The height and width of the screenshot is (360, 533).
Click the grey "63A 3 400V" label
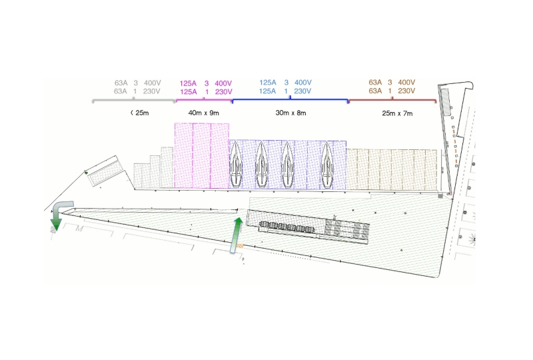pos(138,83)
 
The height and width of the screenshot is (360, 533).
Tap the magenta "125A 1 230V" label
pos(206,92)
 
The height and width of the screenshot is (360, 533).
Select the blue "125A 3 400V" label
pos(286,83)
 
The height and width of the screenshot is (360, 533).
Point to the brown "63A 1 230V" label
pos(392,91)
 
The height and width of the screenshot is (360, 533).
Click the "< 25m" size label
pos(140,113)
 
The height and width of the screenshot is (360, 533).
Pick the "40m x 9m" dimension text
pos(204,113)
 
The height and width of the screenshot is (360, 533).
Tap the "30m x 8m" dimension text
pos(290,113)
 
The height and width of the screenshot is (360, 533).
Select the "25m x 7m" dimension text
pos(397,113)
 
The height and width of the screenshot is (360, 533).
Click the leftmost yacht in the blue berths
pos(236,165)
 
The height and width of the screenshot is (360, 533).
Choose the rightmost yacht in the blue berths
pos(327,165)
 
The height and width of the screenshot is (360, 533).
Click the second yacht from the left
pos(261,165)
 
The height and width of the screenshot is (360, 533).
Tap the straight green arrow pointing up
pos(237,235)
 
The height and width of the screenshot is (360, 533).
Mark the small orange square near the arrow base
pos(240,246)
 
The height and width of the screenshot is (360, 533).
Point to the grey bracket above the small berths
pos(134,100)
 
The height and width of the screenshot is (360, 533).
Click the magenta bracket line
pos(204,100)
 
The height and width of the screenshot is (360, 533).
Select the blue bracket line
pos(290,100)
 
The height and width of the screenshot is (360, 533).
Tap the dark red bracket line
pos(392,100)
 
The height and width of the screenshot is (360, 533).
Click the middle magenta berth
pos(202,155)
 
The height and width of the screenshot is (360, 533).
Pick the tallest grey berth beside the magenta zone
pos(167,167)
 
